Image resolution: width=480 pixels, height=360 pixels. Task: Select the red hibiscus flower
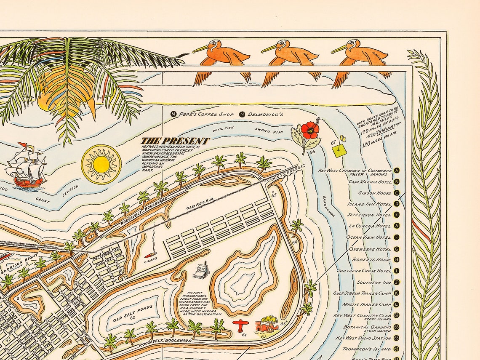click(310, 130)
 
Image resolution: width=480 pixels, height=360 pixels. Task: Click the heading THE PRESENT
click(175, 141)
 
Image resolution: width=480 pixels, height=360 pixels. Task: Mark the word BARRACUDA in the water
click(329, 206)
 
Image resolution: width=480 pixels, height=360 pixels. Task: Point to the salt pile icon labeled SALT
click(199, 269)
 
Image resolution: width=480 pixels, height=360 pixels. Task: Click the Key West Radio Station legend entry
click(363, 338)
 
